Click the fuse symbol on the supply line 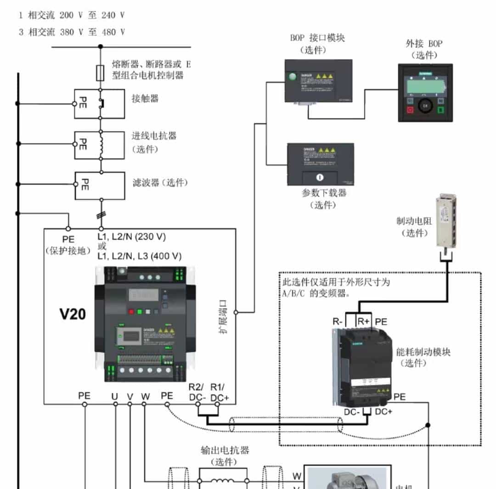(x=100, y=73)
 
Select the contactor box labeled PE (x=100, y=104)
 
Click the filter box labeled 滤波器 (x=100, y=185)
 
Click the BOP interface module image (x=318, y=81)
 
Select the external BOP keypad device (x=425, y=93)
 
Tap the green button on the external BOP (x=440, y=110)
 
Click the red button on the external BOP (x=410, y=110)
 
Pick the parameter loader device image (x=320, y=164)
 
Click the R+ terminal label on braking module (x=364, y=321)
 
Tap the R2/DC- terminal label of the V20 (x=198, y=392)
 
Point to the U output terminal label (x=115, y=396)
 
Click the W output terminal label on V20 (x=145, y=396)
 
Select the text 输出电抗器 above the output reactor (x=225, y=450)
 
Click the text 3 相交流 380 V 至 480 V (x=72, y=32)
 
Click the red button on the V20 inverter (x=131, y=311)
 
